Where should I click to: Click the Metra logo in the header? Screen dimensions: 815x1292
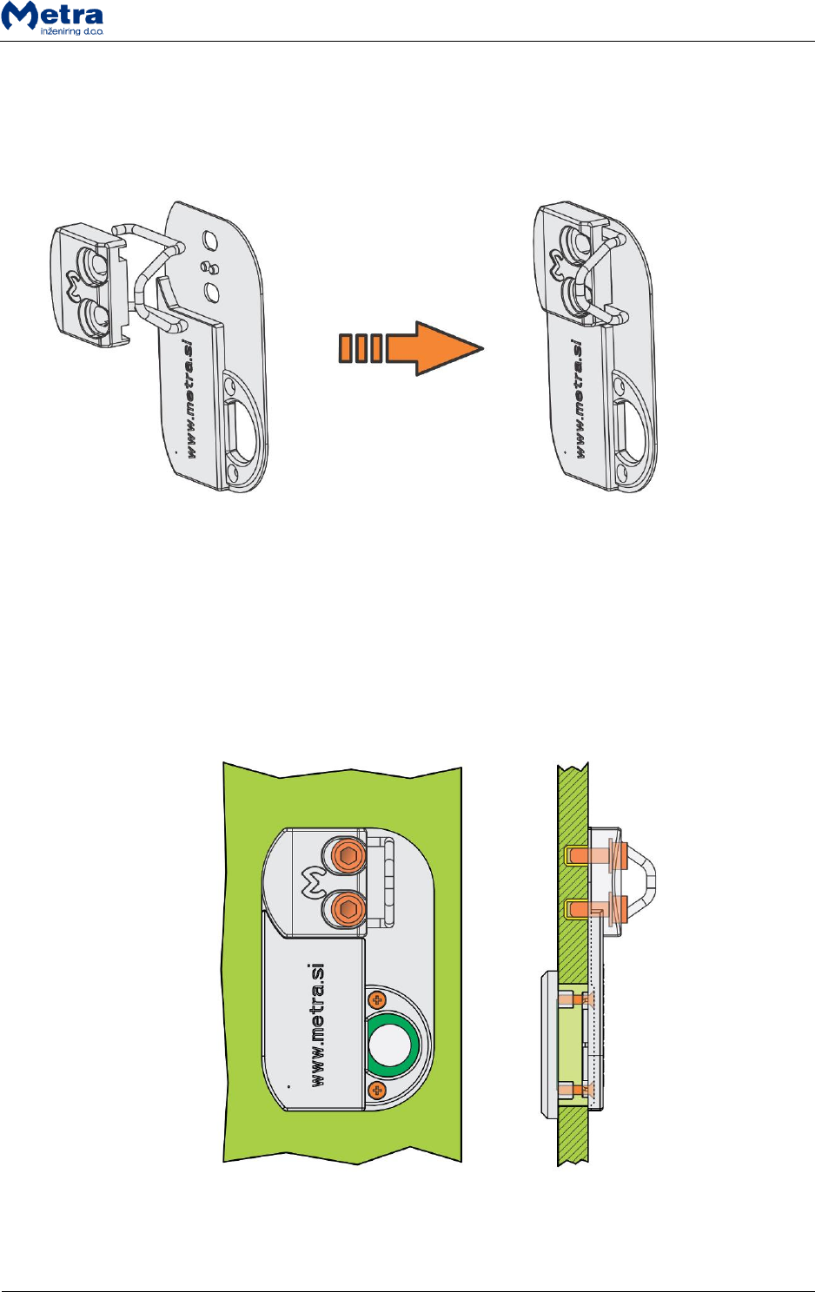53,15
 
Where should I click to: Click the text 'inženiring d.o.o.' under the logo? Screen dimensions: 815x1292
72,31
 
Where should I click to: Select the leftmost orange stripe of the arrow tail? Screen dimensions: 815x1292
345,348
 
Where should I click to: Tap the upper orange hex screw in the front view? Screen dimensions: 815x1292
348,857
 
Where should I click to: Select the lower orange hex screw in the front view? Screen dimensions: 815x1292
348,911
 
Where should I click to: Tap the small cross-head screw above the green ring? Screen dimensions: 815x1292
377,1000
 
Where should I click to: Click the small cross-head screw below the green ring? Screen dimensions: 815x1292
376,1090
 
